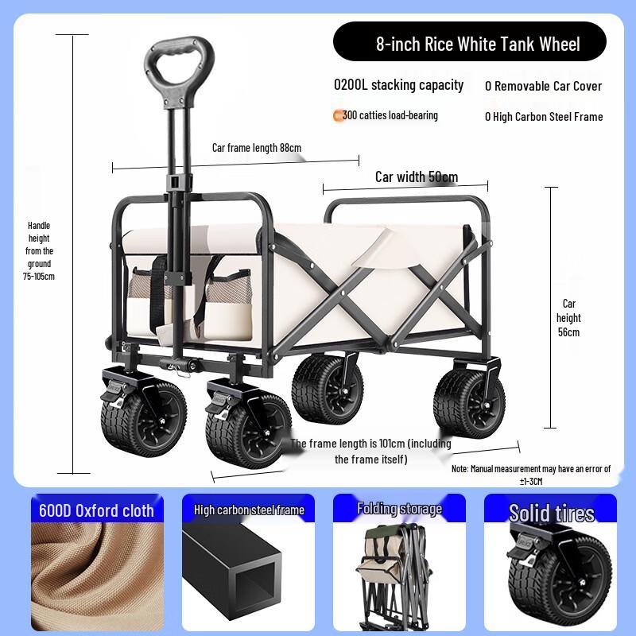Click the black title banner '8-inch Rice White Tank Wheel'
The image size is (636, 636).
click(469, 43)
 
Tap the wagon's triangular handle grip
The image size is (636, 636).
click(179, 63)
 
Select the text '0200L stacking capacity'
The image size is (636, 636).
click(398, 85)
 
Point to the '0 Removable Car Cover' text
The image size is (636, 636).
click(544, 86)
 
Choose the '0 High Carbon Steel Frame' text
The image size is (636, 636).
click(544, 117)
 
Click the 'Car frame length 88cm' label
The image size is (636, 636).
click(256, 148)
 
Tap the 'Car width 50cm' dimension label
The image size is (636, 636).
click(416, 176)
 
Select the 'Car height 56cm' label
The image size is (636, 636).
click(568, 317)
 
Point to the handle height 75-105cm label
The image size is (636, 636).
click(39, 250)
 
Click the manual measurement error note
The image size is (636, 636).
click(531, 475)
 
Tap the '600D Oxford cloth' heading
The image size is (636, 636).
click(96, 510)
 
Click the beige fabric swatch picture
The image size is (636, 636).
click(96, 572)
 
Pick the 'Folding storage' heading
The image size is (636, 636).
click(399, 509)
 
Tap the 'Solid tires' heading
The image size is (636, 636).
click(551, 513)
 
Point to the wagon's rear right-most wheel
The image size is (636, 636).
click(469, 401)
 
